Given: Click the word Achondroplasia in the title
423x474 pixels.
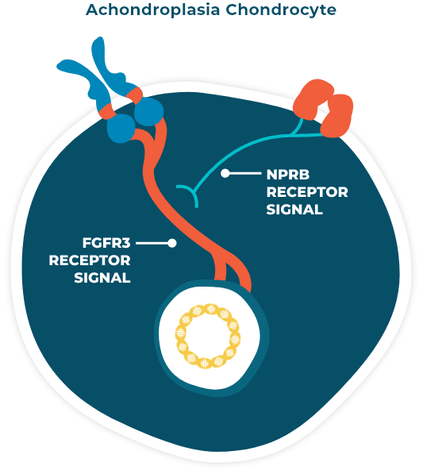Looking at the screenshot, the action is point(152,10).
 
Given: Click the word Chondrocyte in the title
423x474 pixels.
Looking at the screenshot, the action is point(281,11).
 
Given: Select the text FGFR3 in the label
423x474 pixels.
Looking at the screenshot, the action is point(106,243).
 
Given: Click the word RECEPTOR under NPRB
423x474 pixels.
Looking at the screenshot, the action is point(307,192).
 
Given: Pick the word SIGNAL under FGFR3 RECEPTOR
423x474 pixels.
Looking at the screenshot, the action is point(102,278).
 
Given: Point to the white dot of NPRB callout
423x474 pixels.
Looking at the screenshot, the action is point(225,173).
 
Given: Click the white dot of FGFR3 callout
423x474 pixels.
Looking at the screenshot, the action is point(172,243).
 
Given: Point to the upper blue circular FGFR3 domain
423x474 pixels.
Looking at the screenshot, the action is point(148,111).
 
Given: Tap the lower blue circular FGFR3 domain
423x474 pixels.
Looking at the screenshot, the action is point(121,128).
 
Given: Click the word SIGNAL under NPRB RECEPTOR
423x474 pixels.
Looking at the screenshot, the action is point(294,210).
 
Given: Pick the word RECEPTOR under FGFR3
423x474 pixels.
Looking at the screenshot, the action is point(90,260).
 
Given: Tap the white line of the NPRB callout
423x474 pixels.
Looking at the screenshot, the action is point(244,173).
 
